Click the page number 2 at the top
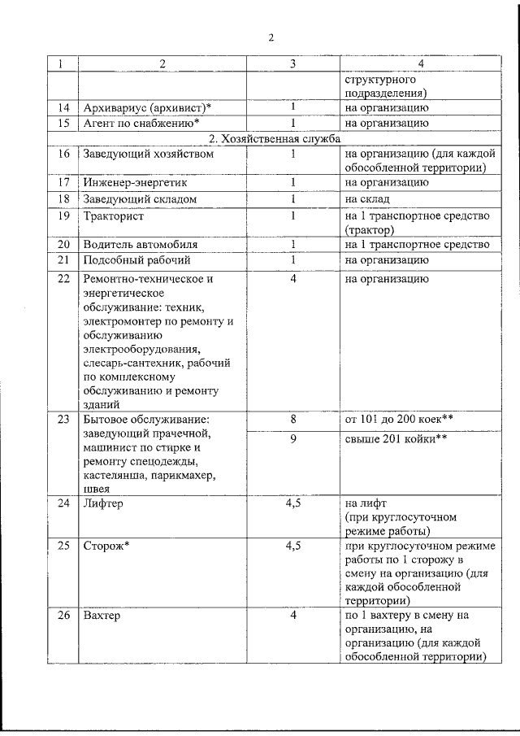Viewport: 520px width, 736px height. coord(271,37)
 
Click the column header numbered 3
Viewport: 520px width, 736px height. coord(292,63)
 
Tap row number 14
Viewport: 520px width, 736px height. coord(63,107)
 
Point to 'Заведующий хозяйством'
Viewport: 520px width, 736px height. coord(148,154)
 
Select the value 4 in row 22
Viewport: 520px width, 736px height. coord(292,279)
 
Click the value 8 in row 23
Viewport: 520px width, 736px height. coord(292,418)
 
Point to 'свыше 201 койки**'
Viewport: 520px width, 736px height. coord(397,440)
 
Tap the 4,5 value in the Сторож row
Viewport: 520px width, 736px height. coord(292,546)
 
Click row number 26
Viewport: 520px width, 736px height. coord(63,616)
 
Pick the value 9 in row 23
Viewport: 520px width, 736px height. coord(292,440)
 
